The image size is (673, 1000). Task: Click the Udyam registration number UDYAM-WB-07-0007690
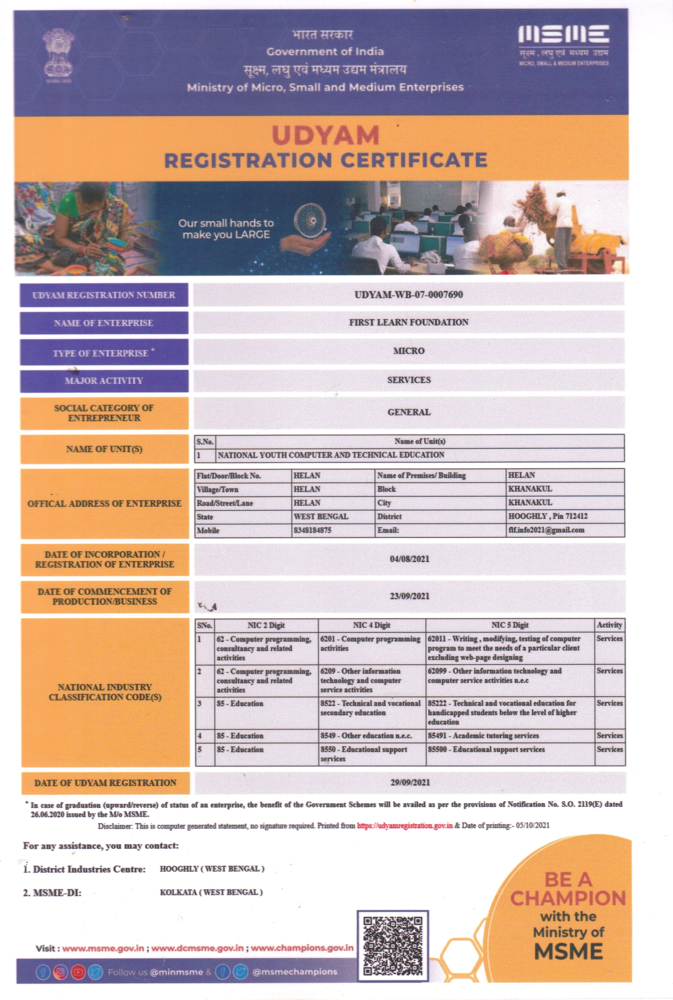tap(409, 294)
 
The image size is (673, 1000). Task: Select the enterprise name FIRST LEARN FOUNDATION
tap(409, 322)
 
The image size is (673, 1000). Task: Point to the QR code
tap(393, 946)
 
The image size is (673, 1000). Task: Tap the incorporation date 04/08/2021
tap(409, 559)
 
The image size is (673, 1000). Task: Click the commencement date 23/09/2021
tap(409, 596)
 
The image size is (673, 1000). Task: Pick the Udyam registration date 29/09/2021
tap(410, 782)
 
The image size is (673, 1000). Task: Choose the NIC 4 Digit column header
tap(372, 625)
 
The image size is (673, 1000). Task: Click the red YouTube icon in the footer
tap(78, 972)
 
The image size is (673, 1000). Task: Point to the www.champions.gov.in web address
tap(302, 948)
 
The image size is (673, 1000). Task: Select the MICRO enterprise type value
tap(409, 351)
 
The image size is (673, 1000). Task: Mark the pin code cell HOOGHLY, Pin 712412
tap(548, 516)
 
